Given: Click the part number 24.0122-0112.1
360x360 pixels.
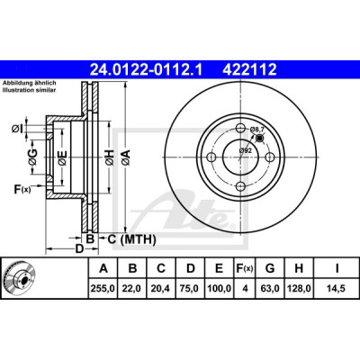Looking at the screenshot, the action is pos(147,69).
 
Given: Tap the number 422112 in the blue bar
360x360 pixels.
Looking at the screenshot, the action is pos(249,69).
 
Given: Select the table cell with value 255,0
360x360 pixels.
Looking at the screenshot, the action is pos(103,288).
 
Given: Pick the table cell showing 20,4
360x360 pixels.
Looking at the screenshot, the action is pos(161,288).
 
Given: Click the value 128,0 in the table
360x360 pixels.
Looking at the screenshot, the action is pos(299,288).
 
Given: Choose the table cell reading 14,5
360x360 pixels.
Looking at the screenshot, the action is pos(337,288).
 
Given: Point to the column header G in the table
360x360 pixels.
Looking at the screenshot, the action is pos(270,268).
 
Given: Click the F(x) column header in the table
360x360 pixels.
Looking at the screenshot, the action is pos(244,268).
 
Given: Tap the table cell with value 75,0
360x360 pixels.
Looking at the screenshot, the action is pos(190,288).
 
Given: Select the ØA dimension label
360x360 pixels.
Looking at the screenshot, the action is pos(126,157).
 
